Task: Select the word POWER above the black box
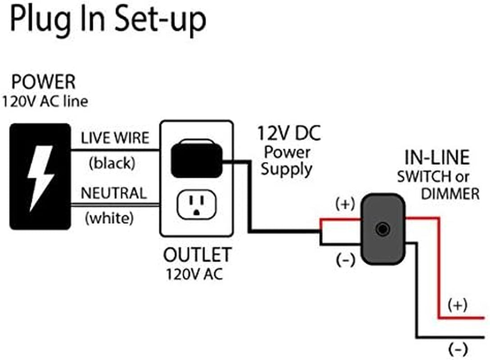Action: (44, 83)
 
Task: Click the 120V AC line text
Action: (45, 102)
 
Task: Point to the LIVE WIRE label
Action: (115, 138)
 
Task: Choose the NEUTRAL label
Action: (114, 193)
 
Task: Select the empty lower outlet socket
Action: (197, 205)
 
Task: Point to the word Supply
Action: (287, 169)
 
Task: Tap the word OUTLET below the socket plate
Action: (197, 255)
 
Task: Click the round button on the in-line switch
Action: (382, 229)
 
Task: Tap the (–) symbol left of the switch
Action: (345, 260)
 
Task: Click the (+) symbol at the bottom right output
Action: (457, 305)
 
